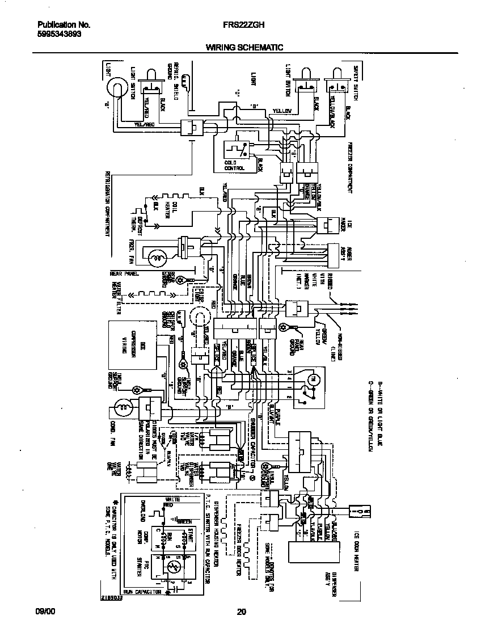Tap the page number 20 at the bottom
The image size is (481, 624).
(241, 612)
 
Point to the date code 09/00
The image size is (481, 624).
(46, 612)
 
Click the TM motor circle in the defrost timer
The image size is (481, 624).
(311, 378)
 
